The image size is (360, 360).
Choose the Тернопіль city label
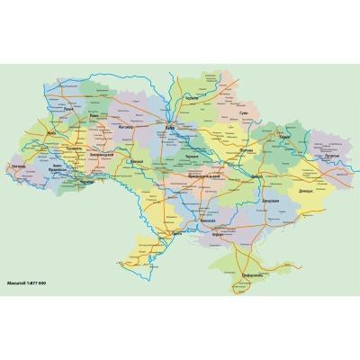[75, 146]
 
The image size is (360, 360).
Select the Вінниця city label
[136, 162]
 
